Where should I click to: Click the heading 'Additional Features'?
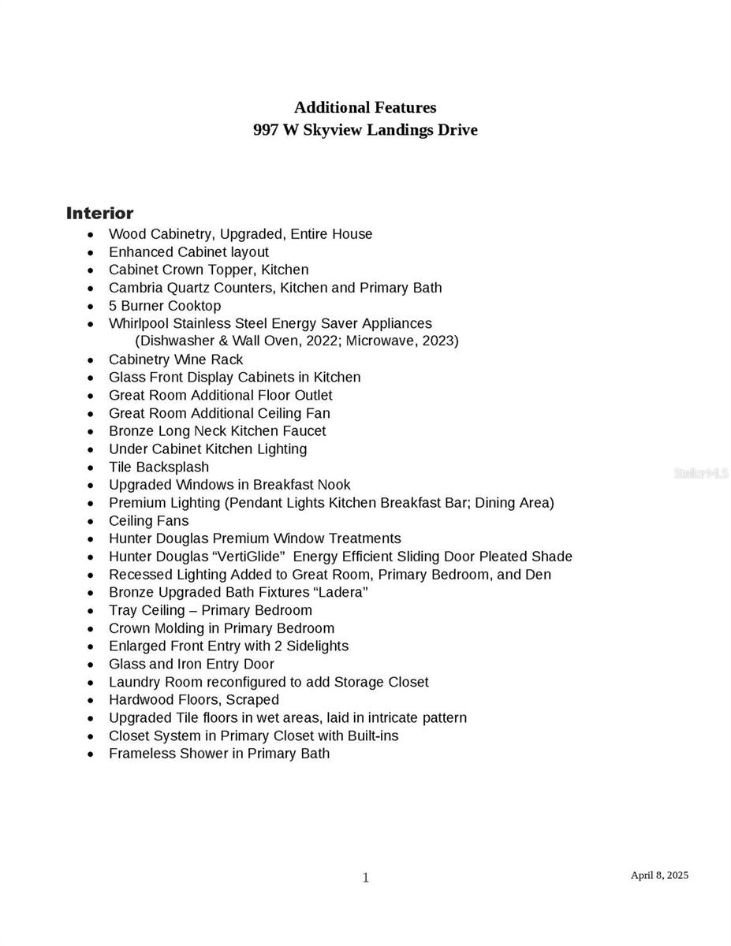tap(365, 107)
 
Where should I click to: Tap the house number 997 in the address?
tap(264, 130)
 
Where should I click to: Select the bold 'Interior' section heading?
tap(99, 213)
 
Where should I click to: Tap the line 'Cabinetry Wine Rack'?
tap(176, 359)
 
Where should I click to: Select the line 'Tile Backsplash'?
tap(159, 467)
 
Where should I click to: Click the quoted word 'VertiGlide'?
tap(248, 557)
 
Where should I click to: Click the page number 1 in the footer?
tap(365, 878)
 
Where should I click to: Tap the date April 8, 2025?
tap(659, 875)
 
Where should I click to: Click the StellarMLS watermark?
tap(701, 473)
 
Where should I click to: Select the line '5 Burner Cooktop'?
tap(165, 306)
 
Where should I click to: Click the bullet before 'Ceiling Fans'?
tap(91, 521)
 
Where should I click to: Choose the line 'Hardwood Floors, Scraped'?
tap(194, 700)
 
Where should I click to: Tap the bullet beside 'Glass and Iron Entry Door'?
tap(91, 665)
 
